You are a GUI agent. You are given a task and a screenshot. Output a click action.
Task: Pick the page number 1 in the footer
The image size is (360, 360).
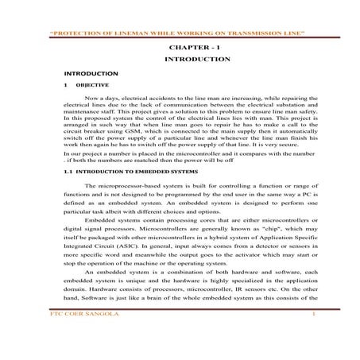[x=315, y=338]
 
